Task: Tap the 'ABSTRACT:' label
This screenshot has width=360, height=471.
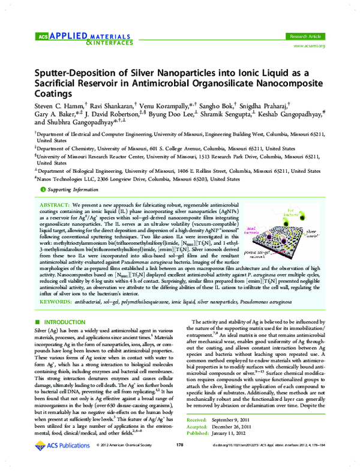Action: click(55, 204)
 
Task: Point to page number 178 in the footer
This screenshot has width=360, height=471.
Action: click(179, 461)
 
